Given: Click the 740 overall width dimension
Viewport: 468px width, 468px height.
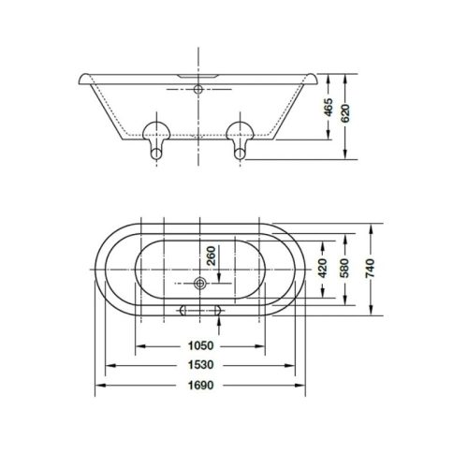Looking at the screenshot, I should pyautogui.click(x=372, y=268).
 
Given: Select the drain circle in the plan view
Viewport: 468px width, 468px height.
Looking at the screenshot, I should pyautogui.click(x=200, y=282).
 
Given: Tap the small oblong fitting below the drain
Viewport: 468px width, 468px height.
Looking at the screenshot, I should pyautogui.click(x=199, y=310).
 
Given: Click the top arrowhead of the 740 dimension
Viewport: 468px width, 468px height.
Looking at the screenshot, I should pyautogui.click(x=372, y=226).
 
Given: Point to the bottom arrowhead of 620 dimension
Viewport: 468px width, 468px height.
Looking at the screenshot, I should pyautogui.click(x=348, y=159).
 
